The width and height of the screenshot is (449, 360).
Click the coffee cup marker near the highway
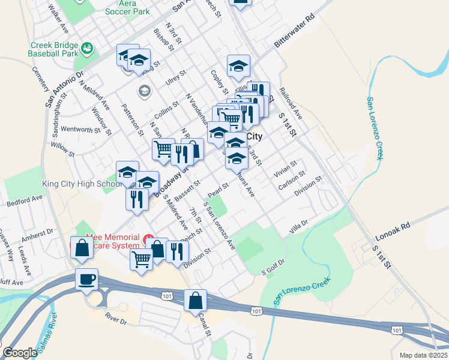tap(88, 280)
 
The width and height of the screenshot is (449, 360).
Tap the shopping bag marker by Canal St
tap(196, 301)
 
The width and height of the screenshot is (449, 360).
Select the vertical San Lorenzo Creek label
tap(375, 128)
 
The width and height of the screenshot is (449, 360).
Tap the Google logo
tap(20, 353)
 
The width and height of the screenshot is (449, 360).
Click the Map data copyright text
tap(424, 355)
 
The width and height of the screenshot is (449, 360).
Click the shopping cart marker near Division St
tap(141, 260)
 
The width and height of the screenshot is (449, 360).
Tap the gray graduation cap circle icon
tap(144, 91)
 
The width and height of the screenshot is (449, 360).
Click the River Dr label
tap(116, 318)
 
